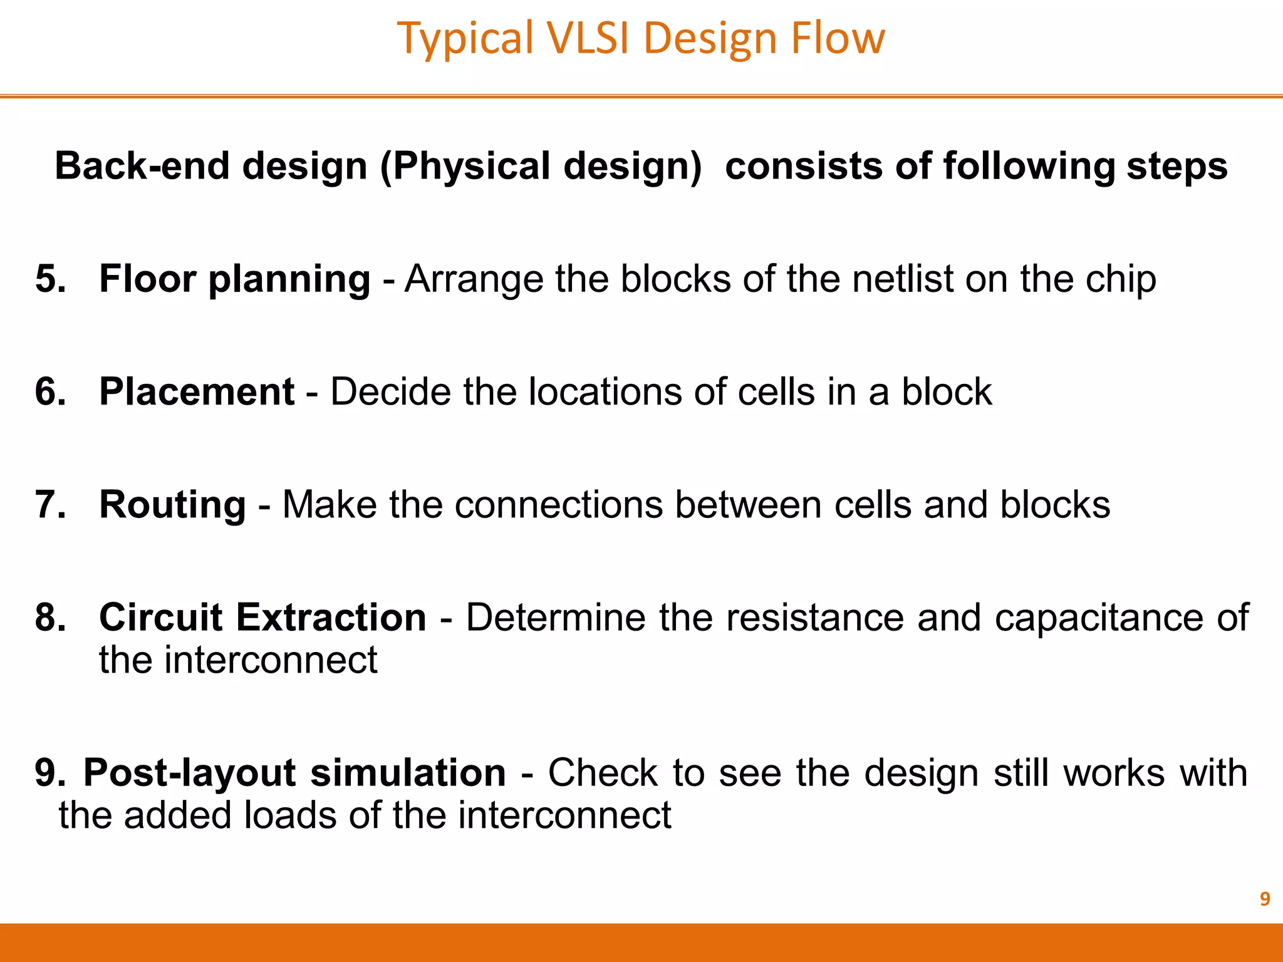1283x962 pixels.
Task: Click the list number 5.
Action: click(50, 279)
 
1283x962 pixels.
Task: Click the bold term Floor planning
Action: click(235, 279)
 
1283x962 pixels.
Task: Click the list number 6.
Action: click(50, 392)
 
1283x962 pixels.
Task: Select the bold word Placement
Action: click(197, 392)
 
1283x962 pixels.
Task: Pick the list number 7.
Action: click(50, 505)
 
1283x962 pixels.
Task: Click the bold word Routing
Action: click(172, 505)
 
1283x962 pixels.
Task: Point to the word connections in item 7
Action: click(558, 505)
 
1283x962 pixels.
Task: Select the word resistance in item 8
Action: click(815, 618)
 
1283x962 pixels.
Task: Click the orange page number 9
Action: click(1264, 899)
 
